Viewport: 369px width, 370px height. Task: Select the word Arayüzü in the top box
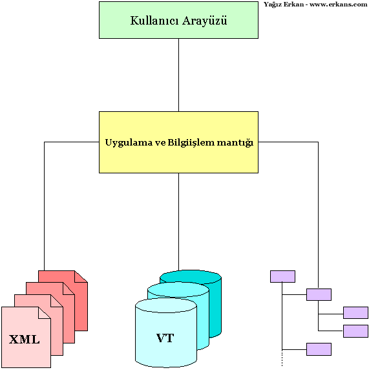tap(205, 21)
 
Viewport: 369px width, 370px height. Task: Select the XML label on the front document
tap(25, 340)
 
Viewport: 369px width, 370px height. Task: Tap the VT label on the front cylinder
tap(165, 338)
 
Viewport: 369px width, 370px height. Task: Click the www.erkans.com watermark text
tap(339, 5)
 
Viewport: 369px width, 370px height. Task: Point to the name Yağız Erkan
tap(284, 5)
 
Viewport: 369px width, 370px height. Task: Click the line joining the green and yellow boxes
tap(178, 75)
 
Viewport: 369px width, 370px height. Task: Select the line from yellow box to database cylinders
tap(178, 222)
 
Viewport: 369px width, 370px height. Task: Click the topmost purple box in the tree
tap(282, 276)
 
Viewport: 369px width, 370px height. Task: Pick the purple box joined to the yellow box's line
tap(319, 294)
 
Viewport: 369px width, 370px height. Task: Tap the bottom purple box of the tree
tap(319, 349)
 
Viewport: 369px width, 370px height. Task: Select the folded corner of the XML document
tap(45, 312)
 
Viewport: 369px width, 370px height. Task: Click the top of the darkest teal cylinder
tap(191, 277)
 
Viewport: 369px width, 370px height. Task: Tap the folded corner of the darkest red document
tap(81, 276)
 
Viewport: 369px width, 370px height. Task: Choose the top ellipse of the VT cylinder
tap(166, 305)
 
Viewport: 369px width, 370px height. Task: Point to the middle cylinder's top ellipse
tap(178, 290)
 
